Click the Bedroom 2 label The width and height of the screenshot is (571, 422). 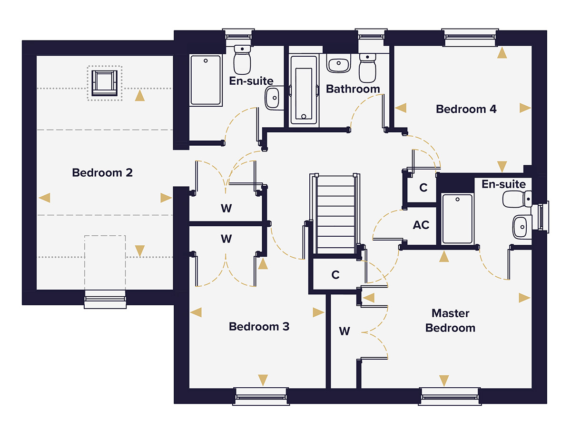click(102, 172)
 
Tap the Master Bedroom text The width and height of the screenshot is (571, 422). click(450, 321)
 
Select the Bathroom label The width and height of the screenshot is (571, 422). click(353, 89)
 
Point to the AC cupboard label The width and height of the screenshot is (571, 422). click(421, 225)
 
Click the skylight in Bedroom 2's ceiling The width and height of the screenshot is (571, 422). click(105, 83)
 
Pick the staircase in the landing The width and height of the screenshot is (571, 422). click(336, 214)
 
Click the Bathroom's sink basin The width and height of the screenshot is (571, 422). click(339, 63)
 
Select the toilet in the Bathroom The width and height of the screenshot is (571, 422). click(367, 67)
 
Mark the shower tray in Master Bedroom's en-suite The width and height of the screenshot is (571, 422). click(457, 219)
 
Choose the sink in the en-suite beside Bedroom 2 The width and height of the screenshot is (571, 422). click(273, 98)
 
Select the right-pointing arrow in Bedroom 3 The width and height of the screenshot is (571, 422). click(318, 312)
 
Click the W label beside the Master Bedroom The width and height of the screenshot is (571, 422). click(344, 331)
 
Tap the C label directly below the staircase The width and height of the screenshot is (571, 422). click(335, 275)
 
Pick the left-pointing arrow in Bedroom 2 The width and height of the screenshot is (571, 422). click(45, 197)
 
